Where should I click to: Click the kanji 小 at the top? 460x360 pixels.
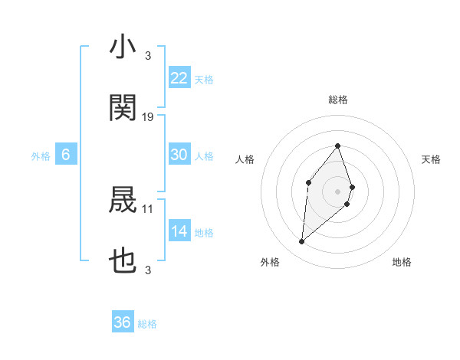click(123, 48)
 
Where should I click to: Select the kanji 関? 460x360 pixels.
click(123, 108)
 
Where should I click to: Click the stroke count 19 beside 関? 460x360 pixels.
click(148, 116)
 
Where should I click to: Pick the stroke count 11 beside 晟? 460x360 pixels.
click(148, 208)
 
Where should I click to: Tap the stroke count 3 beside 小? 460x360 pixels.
click(148, 56)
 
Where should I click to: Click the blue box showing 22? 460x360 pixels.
click(179, 78)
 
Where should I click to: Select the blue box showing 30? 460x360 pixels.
click(179, 155)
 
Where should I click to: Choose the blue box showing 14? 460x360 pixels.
click(179, 231)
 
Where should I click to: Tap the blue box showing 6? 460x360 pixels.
click(66, 155)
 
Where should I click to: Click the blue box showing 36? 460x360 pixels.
click(123, 322)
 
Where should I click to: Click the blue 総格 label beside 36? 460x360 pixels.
click(147, 324)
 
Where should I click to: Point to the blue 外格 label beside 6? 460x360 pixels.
click(41, 156)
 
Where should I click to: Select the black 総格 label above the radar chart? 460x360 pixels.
click(338, 100)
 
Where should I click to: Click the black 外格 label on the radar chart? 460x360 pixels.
click(270, 263)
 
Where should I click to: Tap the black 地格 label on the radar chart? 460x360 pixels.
click(402, 263)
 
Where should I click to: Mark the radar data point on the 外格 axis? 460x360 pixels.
click(301, 242)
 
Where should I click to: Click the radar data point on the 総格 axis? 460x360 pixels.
click(338, 146)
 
